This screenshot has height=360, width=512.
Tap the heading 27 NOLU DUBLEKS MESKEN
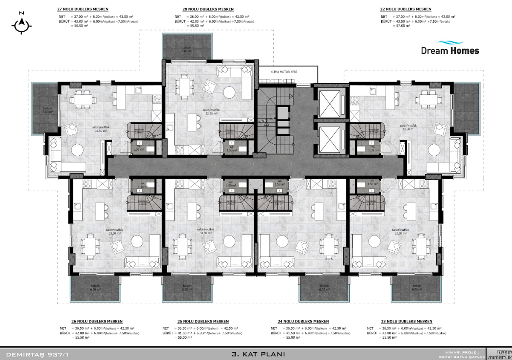(x=83, y=9)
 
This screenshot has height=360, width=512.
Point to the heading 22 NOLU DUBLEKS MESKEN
(x=405, y=9)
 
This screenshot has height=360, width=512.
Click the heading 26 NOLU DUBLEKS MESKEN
(x=97, y=321)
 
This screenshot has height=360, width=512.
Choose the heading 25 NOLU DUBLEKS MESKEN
(x=203, y=321)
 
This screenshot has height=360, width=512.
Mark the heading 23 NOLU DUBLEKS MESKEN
(x=407, y=321)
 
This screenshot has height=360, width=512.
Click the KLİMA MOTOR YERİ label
(x=283, y=72)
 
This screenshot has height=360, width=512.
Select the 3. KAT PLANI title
(x=257, y=354)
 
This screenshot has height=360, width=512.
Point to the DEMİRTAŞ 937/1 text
(x=37, y=354)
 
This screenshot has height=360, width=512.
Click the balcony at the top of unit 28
(x=186, y=47)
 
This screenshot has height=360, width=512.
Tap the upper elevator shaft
(x=330, y=103)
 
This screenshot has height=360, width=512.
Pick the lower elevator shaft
(x=330, y=139)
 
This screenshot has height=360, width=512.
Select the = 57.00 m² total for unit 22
(x=402, y=26)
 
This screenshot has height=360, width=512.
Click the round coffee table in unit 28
(x=229, y=93)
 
